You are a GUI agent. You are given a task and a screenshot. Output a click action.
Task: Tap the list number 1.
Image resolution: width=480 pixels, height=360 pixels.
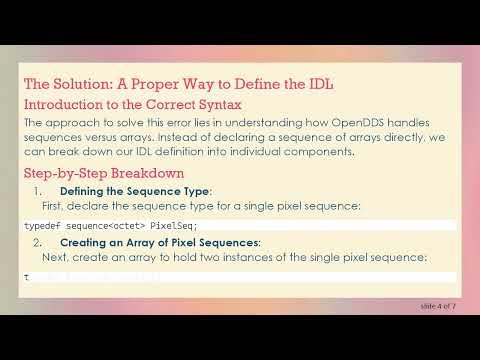[x=38, y=190]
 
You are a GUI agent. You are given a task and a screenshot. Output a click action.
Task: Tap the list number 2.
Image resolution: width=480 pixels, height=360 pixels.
[x=38, y=242]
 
